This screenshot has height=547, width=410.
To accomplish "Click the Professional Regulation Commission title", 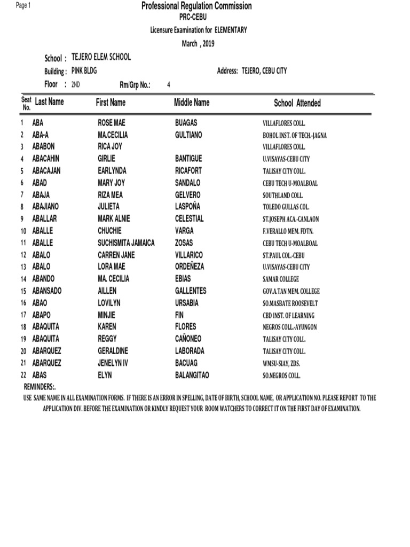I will coord(196,6).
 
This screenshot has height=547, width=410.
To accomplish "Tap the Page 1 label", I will coord(23,5).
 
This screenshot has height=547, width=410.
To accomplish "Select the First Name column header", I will coord(111,102).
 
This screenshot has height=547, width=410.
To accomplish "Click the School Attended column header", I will coord(297,103).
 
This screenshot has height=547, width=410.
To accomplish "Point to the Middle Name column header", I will coord(192,102).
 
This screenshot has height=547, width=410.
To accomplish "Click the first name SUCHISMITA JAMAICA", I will coord(126,243).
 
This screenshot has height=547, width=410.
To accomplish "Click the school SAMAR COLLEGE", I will coord(281,279).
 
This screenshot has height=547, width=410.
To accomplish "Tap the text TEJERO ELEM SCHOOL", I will coord(101,57).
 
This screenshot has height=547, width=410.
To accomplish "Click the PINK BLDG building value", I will coord(84,71).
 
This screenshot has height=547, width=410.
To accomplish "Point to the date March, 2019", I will coord(198,44).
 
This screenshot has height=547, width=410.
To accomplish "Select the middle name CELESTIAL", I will coord(190,218).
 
